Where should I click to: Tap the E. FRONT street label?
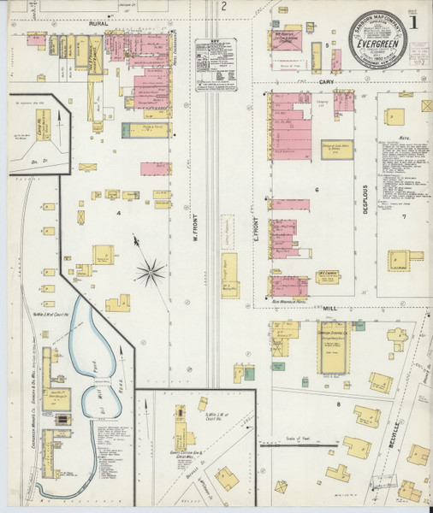tap(255, 243)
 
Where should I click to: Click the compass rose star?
tap(151, 273)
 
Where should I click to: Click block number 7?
tap(404, 216)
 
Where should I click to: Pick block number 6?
tap(316, 189)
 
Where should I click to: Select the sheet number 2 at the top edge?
tap(223, 7)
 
